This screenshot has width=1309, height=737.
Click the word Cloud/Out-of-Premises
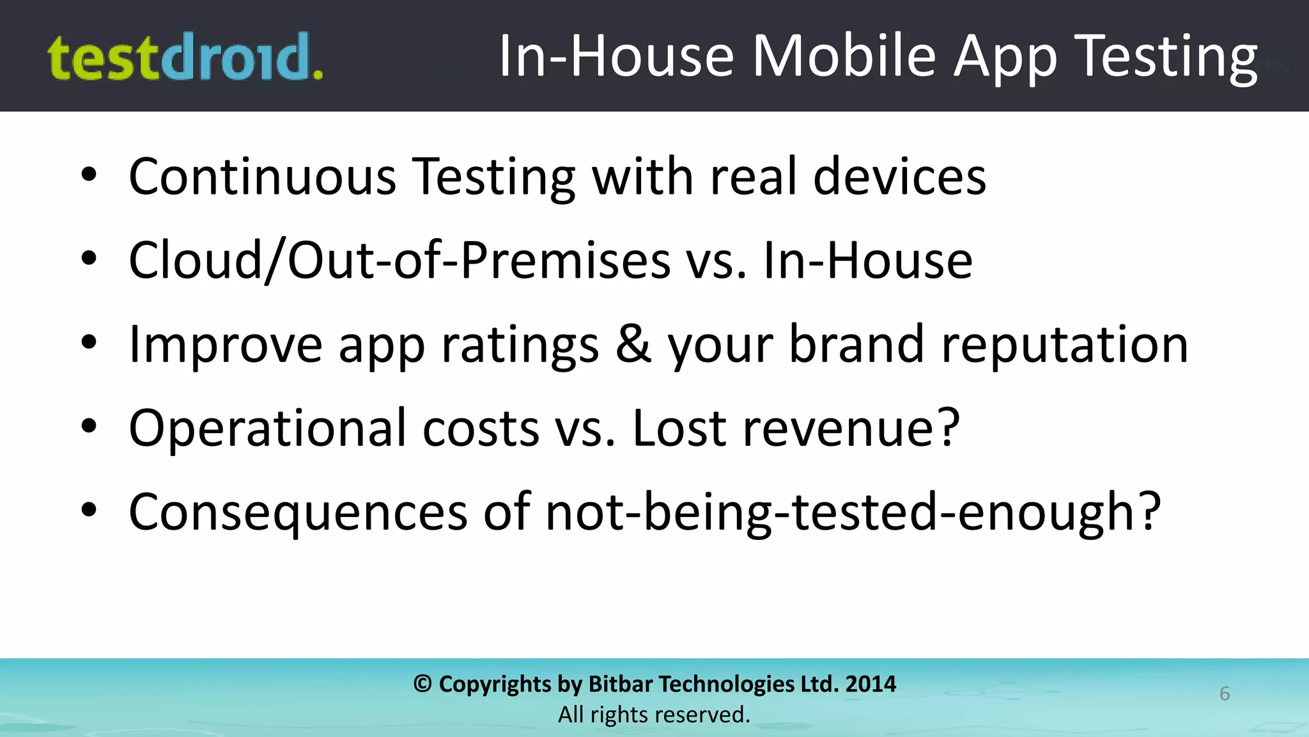(x=399, y=260)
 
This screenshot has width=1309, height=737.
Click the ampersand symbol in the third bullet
(x=633, y=344)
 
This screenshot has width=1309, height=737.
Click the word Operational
(x=267, y=428)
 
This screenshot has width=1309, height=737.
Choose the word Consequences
(x=298, y=512)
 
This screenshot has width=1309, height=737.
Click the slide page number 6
(x=1225, y=693)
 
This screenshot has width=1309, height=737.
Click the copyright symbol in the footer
(x=422, y=684)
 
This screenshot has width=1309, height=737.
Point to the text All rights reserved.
(x=654, y=715)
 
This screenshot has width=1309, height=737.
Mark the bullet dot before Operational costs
(x=89, y=426)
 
